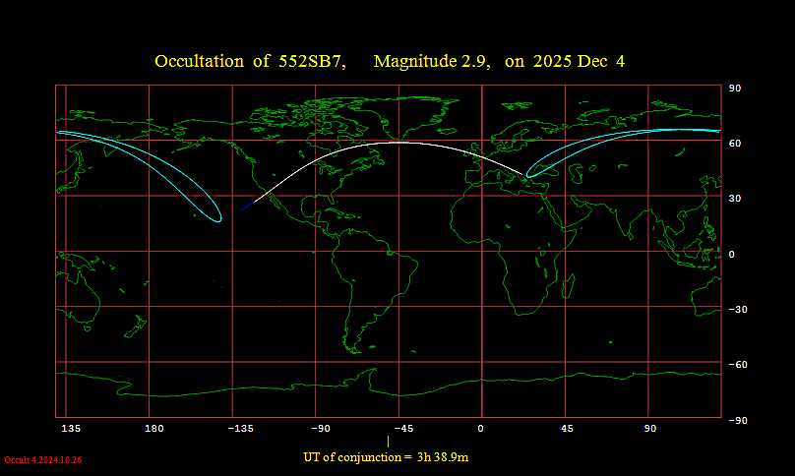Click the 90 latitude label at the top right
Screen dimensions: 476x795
(x=734, y=89)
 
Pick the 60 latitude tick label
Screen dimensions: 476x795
(x=734, y=144)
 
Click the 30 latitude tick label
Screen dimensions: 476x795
(x=734, y=199)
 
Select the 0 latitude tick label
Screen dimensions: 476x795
(x=731, y=254)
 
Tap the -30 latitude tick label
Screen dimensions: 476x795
(x=736, y=310)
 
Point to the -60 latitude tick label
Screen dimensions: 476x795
(x=736, y=365)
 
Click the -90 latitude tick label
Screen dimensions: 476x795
(x=736, y=420)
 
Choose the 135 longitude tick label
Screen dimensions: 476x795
(x=70, y=429)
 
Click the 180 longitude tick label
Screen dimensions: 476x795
(x=153, y=429)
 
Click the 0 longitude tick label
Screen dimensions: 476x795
(x=481, y=429)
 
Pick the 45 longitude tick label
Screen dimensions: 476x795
(x=567, y=429)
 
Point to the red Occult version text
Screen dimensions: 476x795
(x=42, y=460)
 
